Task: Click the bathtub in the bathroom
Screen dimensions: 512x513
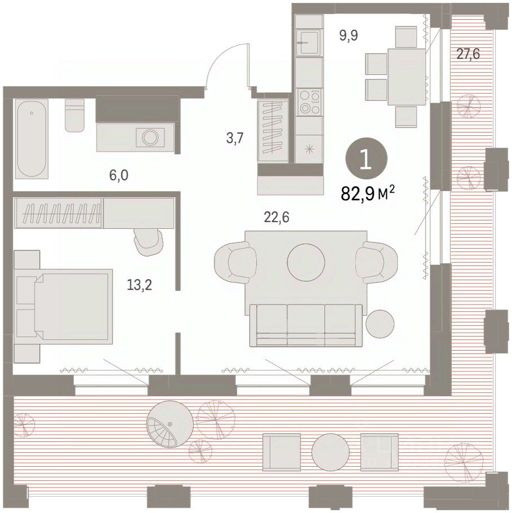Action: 32,139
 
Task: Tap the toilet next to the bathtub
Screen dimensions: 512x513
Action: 74,115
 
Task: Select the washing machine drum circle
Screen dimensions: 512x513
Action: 151,138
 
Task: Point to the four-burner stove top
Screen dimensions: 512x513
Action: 308,102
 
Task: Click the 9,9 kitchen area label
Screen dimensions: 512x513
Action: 348,35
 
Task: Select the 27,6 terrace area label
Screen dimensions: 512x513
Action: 468,54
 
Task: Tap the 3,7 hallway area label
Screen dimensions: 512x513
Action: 235,138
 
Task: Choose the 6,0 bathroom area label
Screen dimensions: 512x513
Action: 119,175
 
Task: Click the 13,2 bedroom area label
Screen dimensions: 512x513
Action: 139,285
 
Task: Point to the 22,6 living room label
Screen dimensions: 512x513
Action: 277,217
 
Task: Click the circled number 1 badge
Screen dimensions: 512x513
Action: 367,158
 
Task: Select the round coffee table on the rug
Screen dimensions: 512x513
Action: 306,262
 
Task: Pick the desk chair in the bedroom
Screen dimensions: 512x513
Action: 149,241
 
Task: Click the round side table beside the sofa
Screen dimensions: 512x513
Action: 380,324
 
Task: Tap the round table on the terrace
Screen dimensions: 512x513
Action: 331,452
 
